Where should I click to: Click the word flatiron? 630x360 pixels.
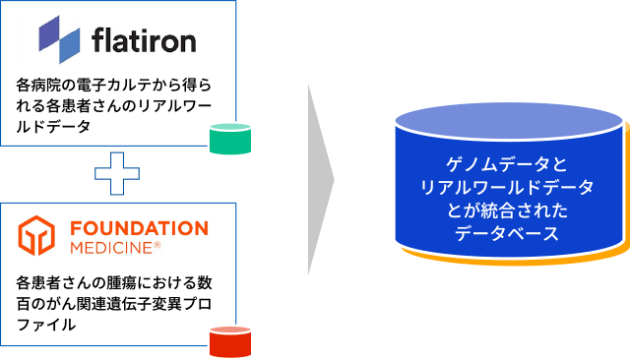coord(143,40)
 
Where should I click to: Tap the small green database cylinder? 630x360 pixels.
coord(230,140)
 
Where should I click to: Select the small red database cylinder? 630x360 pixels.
coord(230,341)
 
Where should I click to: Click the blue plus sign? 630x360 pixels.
coord(116,174)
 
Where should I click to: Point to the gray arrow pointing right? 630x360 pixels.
coord(320,180)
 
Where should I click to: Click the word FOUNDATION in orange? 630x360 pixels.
coord(139,229)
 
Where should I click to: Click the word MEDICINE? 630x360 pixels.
coord(109,247)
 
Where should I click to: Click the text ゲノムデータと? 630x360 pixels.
coord(507,162)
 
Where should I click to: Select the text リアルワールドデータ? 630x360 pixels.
coord(507,186)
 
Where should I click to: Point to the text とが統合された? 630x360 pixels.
coord(507,210)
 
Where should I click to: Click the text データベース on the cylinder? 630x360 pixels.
coord(507,234)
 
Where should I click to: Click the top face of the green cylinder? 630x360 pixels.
coord(230,128)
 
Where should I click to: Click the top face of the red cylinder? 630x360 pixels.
coord(230,330)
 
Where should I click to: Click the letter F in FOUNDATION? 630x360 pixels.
coord(76,229)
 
